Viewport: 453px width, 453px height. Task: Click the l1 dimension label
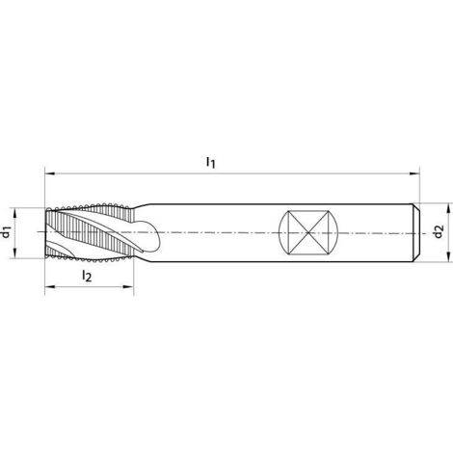pos(210,162)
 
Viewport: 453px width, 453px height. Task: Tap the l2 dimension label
pos(87,276)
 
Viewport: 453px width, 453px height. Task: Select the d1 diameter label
pos(6,232)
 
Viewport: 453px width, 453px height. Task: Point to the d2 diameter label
pos(439,232)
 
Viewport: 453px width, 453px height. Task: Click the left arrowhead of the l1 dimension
pos(49,173)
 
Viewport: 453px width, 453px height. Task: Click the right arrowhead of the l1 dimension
pos(415,173)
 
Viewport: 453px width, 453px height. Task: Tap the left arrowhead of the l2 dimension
pos(49,286)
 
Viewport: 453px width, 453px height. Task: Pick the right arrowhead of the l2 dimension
pos(129,286)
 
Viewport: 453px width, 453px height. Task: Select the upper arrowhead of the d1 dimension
pos(15,212)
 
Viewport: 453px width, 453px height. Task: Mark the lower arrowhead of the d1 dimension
pos(15,253)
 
